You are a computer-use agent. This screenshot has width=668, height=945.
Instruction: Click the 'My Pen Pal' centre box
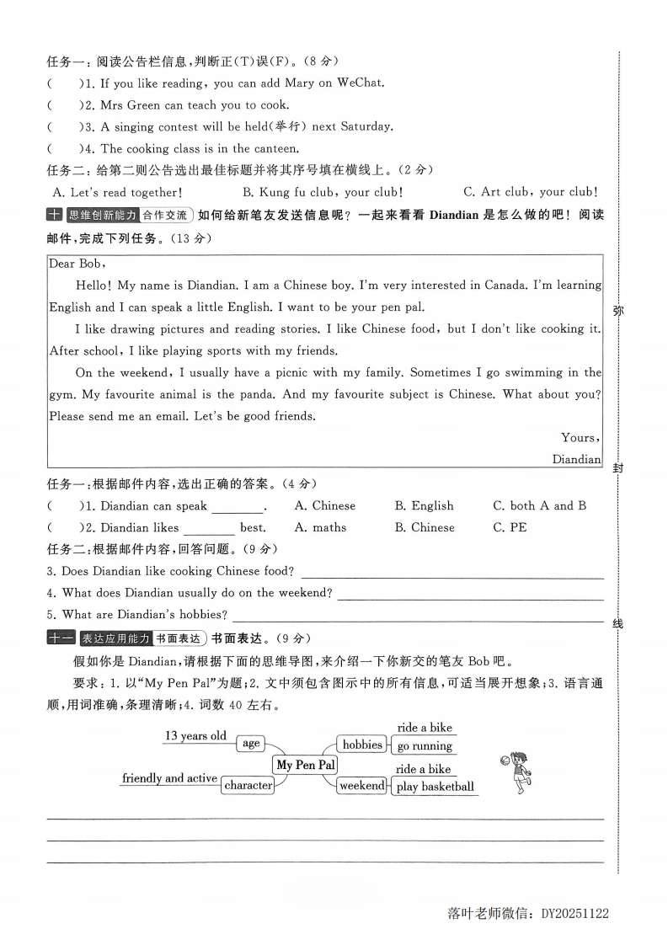click(x=305, y=765)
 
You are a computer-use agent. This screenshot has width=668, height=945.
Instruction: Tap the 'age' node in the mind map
click(x=251, y=743)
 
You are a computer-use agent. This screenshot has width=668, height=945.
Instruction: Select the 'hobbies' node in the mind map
click(x=362, y=745)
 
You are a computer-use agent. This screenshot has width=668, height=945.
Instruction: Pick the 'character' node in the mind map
click(x=248, y=785)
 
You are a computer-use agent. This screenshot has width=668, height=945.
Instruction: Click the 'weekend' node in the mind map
click(x=361, y=786)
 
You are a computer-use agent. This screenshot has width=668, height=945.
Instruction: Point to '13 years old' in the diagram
click(x=195, y=735)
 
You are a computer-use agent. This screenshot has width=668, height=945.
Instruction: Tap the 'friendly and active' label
click(x=169, y=778)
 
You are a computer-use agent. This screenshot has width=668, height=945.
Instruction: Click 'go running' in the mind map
click(x=425, y=746)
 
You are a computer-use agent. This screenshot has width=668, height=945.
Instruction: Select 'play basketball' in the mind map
click(x=436, y=787)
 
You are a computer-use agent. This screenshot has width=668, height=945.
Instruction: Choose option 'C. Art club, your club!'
click(x=531, y=192)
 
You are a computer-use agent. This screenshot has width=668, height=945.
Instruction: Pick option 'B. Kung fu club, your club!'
click(x=323, y=192)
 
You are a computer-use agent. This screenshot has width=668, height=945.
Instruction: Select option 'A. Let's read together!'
click(x=116, y=192)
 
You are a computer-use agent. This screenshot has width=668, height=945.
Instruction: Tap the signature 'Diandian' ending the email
click(x=576, y=459)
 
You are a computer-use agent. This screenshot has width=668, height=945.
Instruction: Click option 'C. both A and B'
click(x=539, y=505)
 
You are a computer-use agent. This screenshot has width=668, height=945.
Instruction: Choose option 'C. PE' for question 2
click(x=510, y=527)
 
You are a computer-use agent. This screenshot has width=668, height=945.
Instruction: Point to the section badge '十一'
click(x=60, y=638)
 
